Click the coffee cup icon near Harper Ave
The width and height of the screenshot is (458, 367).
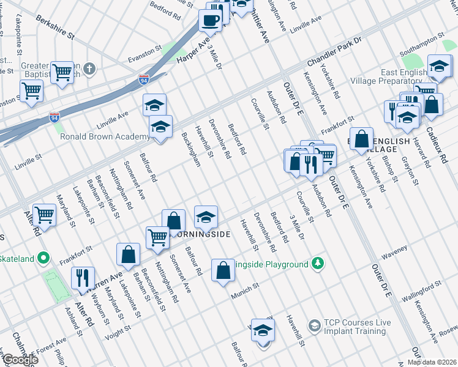pos(210,20)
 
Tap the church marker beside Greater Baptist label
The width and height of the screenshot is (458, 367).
pos(89,68)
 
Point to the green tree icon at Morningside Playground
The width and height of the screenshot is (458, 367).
pos(317,264)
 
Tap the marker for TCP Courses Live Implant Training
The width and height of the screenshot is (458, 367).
pos(314,324)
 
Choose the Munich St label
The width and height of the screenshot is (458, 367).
pos(244,291)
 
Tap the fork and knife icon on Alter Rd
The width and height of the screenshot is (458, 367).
pos(82,277)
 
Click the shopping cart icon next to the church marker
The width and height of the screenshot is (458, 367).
pos(62,72)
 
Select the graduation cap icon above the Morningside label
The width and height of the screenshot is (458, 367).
pos(206,215)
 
